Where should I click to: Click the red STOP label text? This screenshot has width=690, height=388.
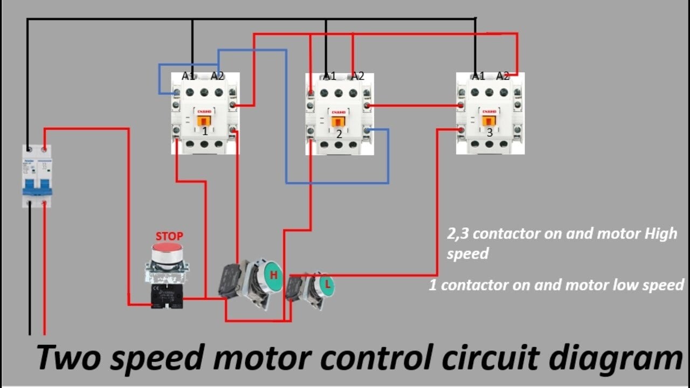click(169, 236)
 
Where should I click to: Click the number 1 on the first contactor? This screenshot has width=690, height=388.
click(205, 131)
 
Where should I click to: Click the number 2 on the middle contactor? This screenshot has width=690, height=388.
click(339, 134)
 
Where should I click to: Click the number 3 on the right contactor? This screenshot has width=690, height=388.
click(489, 131)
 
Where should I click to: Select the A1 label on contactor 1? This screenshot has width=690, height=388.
click(188, 76)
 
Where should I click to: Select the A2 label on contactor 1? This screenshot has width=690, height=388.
click(217, 76)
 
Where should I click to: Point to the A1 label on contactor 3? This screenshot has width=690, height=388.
click(478, 76)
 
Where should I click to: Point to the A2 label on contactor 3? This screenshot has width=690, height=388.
click(503, 76)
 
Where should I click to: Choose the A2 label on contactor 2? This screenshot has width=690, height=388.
click(358, 76)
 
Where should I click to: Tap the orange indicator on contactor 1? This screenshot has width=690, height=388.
click(203, 121)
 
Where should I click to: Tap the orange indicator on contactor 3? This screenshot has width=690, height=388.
click(489, 121)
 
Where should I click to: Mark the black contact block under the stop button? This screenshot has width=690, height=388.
click(167, 297)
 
